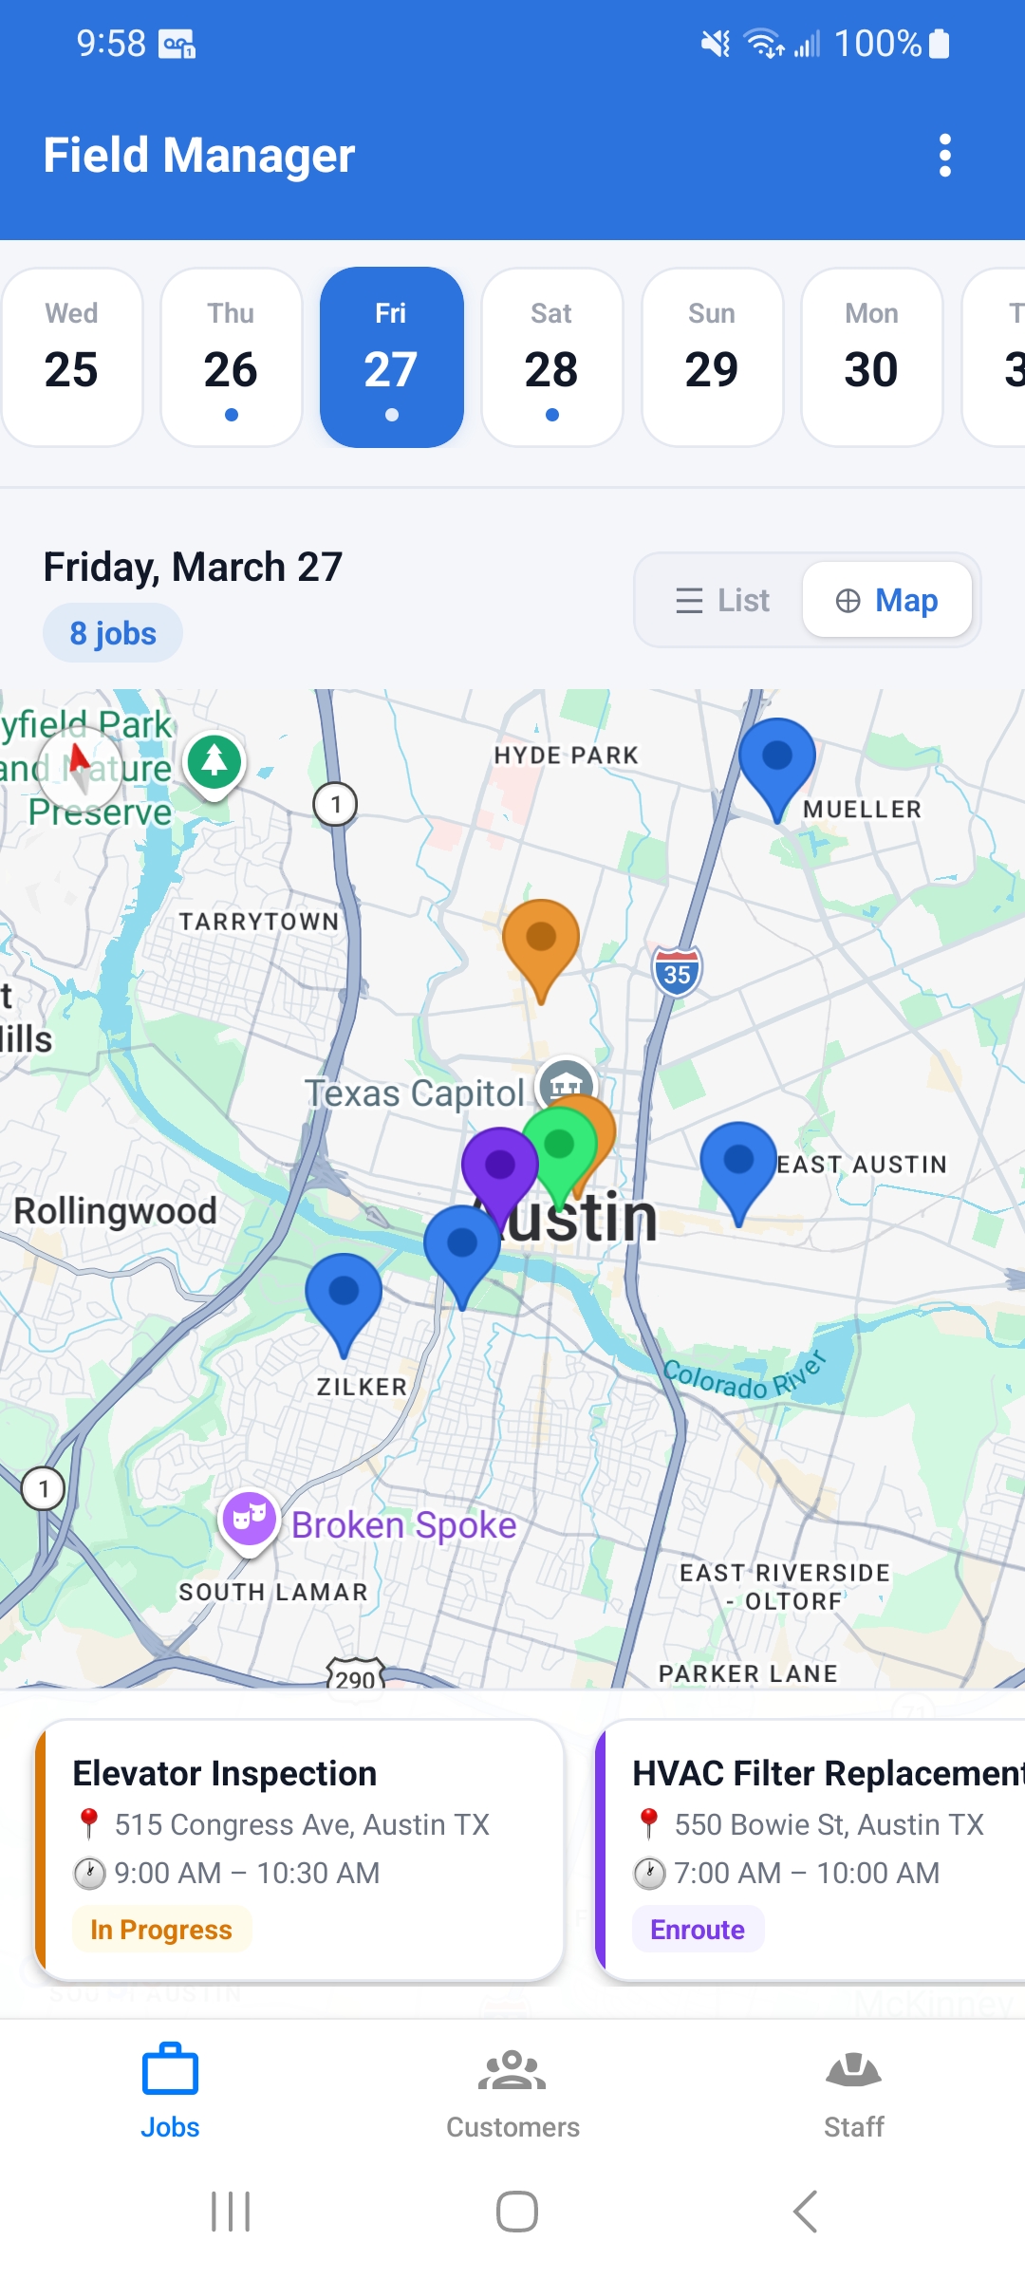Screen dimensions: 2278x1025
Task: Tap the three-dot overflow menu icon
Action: point(944,155)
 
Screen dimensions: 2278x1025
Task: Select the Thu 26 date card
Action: point(232,357)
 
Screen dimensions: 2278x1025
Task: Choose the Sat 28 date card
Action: point(551,357)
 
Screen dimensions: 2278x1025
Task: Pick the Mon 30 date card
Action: point(871,357)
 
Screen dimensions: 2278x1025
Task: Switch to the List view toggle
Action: point(722,600)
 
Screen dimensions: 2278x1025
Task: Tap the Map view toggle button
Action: point(886,600)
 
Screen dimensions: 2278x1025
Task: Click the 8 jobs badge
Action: point(113,633)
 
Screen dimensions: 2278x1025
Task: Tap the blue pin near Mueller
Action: point(777,758)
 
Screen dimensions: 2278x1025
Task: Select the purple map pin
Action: point(499,1166)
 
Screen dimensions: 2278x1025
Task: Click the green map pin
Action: point(560,1145)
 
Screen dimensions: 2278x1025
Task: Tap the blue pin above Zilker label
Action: point(344,1293)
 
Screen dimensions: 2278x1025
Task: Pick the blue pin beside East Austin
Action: point(738,1162)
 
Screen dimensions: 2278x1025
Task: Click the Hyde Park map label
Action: point(566,756)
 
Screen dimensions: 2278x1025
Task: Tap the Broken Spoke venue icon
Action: point(249,1518)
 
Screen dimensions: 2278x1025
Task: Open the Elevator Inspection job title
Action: point(225,1773)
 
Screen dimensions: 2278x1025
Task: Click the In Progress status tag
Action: point(161,1930)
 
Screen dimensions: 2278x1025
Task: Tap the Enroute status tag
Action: point(698,1930)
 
